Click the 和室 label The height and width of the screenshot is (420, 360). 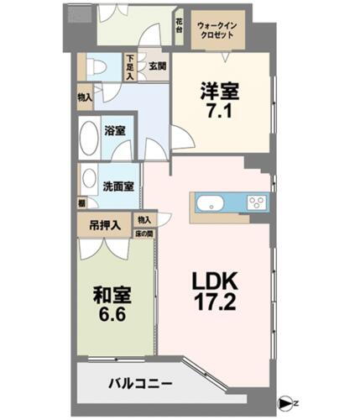coord(112,296)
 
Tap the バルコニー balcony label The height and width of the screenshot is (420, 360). coord(140,384)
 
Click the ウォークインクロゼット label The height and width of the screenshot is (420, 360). coord(217,31)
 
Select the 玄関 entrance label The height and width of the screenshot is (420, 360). coord(157,66)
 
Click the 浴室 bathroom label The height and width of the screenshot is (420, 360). coord(115,131)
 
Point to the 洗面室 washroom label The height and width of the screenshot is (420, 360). coord(117,186)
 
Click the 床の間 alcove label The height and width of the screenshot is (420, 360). coord(145,233)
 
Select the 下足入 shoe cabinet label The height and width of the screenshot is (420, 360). coord(130,66)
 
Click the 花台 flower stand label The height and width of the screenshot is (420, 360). coord(180,24)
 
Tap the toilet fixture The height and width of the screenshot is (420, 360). coord(96,67)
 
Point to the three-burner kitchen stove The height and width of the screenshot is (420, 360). coord(257,203)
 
